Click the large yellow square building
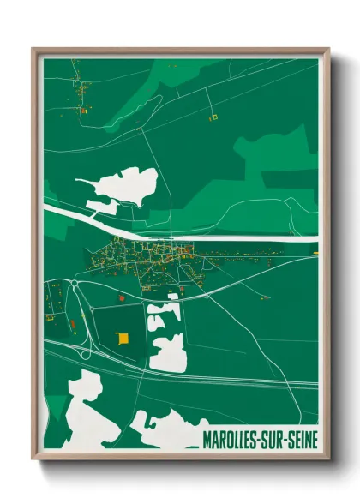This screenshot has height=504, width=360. pyautogui.click(x=123, y=337)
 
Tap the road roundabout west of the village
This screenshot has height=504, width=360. pyautogui.click(x=76, y=283)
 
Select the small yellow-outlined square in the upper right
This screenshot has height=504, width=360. pyautogui.click(x=215, y=116)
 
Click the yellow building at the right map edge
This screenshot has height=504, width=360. pyautogui.click(x=315, y=253)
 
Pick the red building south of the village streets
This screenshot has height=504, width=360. pyautogui.click(x=122, y=297)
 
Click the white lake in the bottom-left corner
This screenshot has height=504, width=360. pyautogui.click(x=81, y=411)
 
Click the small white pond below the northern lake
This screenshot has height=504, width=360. pyautogui.click(x=101, y=206)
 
